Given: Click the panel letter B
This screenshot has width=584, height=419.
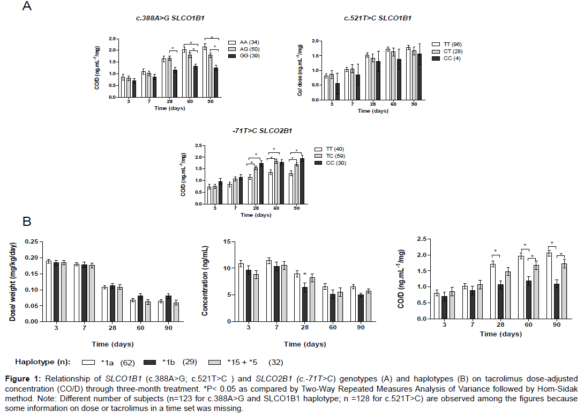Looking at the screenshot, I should click(27, 222).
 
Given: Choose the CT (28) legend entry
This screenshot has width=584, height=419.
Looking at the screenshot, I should click(452, 50).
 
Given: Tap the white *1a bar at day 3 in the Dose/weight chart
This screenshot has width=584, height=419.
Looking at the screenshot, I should click(49, 291).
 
